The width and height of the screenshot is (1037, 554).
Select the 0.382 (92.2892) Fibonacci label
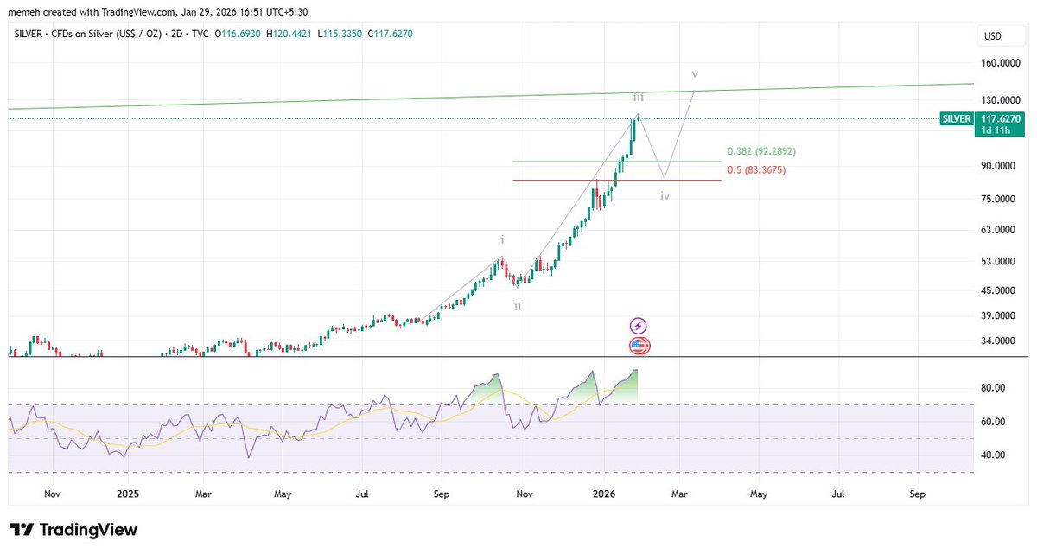[761, 151]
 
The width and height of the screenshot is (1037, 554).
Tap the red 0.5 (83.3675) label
[755, 170]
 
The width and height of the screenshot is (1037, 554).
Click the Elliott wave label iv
[665, 196]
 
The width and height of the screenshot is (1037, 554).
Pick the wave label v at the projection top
[696, 74]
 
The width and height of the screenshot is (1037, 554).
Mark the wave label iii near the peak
[638, 99]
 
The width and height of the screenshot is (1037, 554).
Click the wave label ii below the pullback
[517, 306]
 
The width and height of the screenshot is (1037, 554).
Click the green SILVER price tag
[957, 119]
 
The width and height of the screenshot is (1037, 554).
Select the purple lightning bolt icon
[639, 326]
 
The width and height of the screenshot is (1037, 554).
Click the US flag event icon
[639, 346]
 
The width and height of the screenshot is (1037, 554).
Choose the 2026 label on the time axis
[604, 494]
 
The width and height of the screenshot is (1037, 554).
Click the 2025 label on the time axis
[128, 494]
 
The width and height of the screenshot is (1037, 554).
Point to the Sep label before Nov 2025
[441, 494]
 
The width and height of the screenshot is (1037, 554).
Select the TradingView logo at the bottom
[73, 530]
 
